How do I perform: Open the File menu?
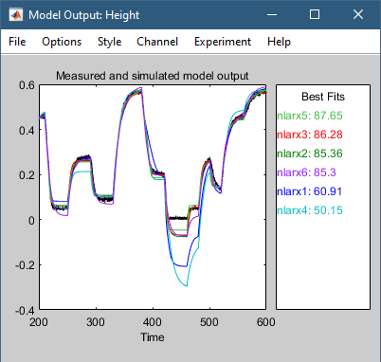tap(18, 42)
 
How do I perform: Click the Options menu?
tap(62, 42)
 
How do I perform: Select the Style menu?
tap(109, 42)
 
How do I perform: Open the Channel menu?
tap(156, 42)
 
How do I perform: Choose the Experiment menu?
tap(222, 42)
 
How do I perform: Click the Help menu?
tap(279, 42)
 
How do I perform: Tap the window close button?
tap(357, 15)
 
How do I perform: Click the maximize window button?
tap(314, 15)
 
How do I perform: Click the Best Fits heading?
tap(321, 97)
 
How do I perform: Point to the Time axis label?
tap(152, 336)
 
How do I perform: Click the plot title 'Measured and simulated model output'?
tap(152, 76)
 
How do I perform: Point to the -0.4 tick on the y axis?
tap(23, 310)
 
